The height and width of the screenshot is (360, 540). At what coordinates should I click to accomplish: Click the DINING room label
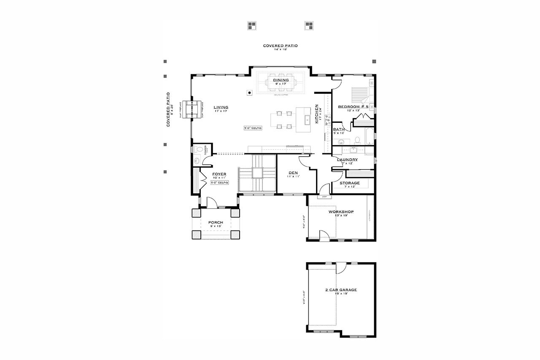tap(281, 80)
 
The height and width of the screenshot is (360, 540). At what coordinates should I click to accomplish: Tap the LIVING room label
tap(220, 107)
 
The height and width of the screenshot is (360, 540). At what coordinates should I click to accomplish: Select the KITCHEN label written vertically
tap(317, 115)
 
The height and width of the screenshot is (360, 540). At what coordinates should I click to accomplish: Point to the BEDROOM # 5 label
tap(353, 107)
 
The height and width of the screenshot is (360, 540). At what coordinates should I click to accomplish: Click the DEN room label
tap(293, 173)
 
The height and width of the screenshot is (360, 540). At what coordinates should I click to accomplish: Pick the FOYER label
tap(219, 174)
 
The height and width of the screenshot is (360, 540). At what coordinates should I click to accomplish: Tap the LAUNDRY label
tap(348, 160)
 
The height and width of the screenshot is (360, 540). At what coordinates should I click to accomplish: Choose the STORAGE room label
tap(350, 183)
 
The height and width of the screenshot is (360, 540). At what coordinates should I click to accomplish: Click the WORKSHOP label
tap(341, 211)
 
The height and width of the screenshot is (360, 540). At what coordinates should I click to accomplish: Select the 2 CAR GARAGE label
tap(341, 290)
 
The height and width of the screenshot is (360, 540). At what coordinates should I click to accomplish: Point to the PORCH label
tap(215, 222)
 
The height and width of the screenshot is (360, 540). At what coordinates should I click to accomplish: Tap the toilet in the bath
tap(357, 139)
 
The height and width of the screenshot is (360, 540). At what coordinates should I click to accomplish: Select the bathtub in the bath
tap(369, 136)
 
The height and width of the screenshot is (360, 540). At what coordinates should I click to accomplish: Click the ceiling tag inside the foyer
tap(219, 183)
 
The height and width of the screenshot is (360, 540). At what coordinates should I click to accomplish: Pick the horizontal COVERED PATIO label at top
tap(280, 46)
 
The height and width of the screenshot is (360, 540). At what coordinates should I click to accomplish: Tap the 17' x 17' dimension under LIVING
tap(220, 111)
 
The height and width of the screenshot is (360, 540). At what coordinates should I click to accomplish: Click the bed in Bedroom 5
tap(360, 92)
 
